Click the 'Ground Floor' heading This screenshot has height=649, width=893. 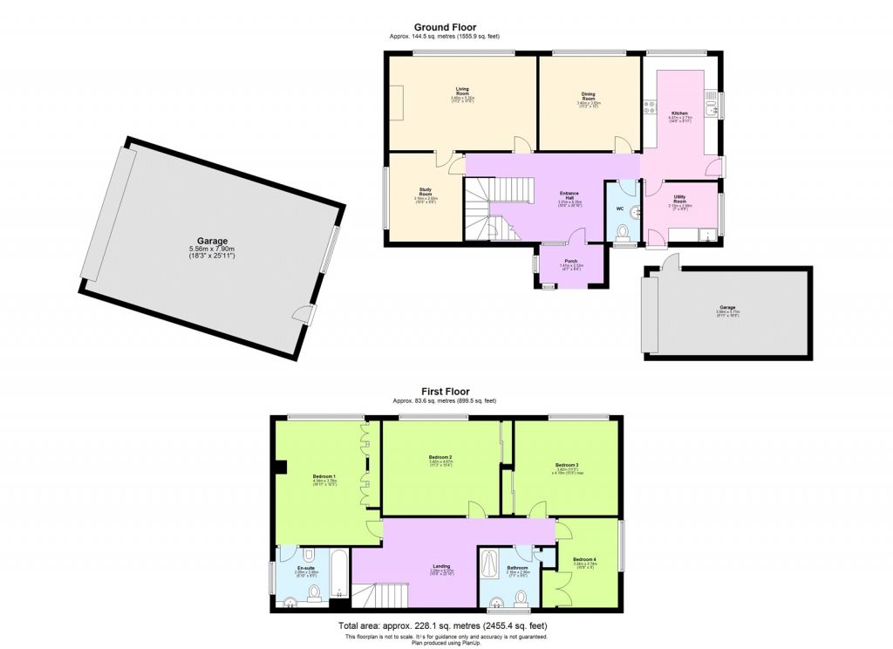(x=445, y=28)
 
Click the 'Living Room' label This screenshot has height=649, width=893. (x=462, y=89)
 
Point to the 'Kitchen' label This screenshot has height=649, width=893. (x=679, y=113)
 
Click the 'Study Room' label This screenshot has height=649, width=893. (x=426, y=192)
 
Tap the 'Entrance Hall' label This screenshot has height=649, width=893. (x=569, y=195)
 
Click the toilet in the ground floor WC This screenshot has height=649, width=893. (x=622, y=231)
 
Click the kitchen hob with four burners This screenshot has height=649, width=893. (x=651, y=108)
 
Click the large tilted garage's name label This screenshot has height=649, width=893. (x=212, y=242)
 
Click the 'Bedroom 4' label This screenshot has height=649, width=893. (x=585, y=559)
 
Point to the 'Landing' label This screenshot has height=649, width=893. (x=441, y=566)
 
